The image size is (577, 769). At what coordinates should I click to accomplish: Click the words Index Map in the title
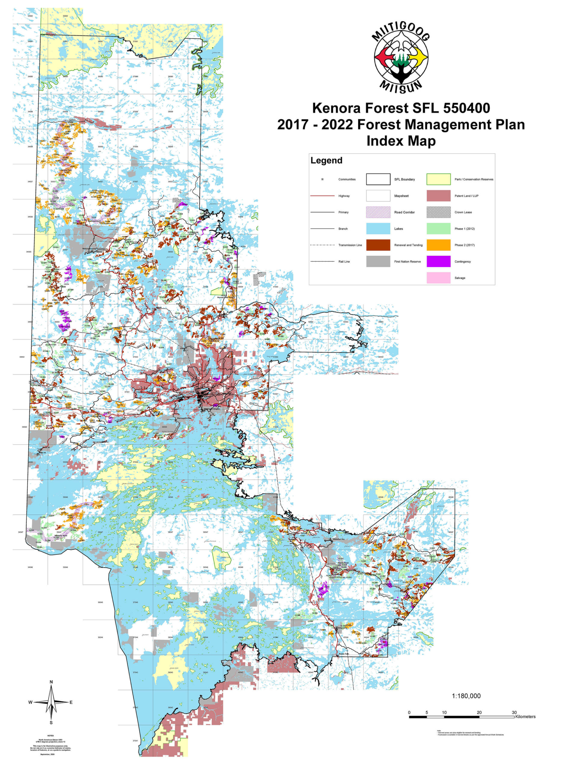pyautogui.click(x=401, y=141)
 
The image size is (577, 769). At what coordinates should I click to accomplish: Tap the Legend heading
pyautogui.click(x=326, y=161)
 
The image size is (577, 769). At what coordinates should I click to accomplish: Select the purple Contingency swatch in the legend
pyautogui.click(x=438, y=261)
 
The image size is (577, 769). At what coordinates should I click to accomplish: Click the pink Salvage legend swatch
pyautogui.click(x=438, y=278)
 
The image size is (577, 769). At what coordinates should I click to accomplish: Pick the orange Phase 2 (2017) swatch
pyautogui.click(x=438, y=245)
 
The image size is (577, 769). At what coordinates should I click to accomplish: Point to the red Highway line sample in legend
pyautogui.click(x=322, y=196)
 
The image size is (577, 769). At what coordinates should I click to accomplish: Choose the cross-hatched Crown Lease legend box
pyautogui.click(x=438, y=212)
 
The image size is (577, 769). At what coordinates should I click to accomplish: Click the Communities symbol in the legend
pyautogui.click(x=322, y=179)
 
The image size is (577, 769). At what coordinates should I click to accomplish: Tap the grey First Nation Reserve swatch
pyautogui.click(x=378, y=261)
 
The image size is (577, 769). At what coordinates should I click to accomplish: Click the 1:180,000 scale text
pyautogui.click(x=466, y=696)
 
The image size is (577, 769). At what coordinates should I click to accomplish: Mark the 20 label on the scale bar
pyautogui.click(x=479, y=712)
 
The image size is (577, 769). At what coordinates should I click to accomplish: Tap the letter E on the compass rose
pyautogui.click(x=71, y=702)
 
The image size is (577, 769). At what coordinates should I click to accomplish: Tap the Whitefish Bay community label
pyautogui.click(x=338, y=539)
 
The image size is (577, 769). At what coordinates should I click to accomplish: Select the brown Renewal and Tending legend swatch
pyautogui.click(x=378, y=245)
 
